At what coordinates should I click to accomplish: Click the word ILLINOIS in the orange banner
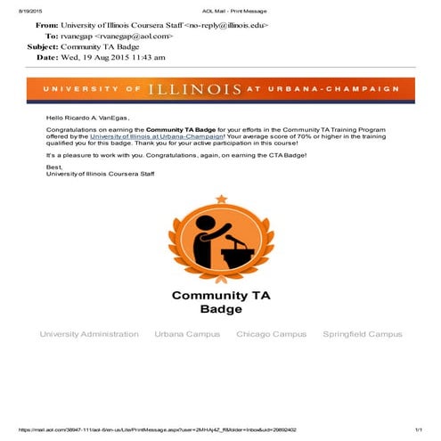(x=195, y=90)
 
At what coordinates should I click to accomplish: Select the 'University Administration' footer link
(x=89, y=334)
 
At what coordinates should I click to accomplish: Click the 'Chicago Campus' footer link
(x=271, y=334)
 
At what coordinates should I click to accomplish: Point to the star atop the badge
(x=220, y=198)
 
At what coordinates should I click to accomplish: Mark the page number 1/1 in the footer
(x=416, y=429)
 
